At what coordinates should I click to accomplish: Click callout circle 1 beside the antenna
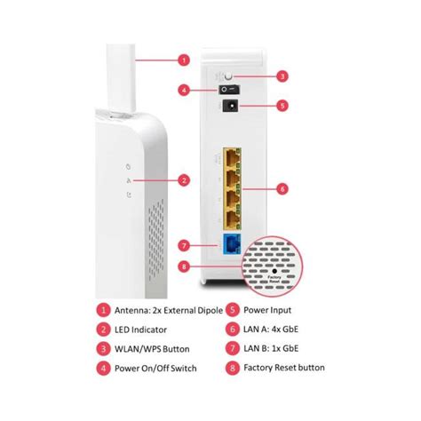pyautogui.click(x=184, y=61)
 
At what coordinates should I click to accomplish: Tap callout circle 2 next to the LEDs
pyautogui.click(x=184, y=180)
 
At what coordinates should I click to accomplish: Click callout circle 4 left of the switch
pyautogui.click(x=184, y=90)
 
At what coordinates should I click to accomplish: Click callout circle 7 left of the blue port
pyautogui.click(x=184, y=244)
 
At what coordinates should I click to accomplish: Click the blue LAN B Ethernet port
pyautogui.click(x=233, y=244)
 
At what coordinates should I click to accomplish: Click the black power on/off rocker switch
pyautogui.click(x=229, y=90)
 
